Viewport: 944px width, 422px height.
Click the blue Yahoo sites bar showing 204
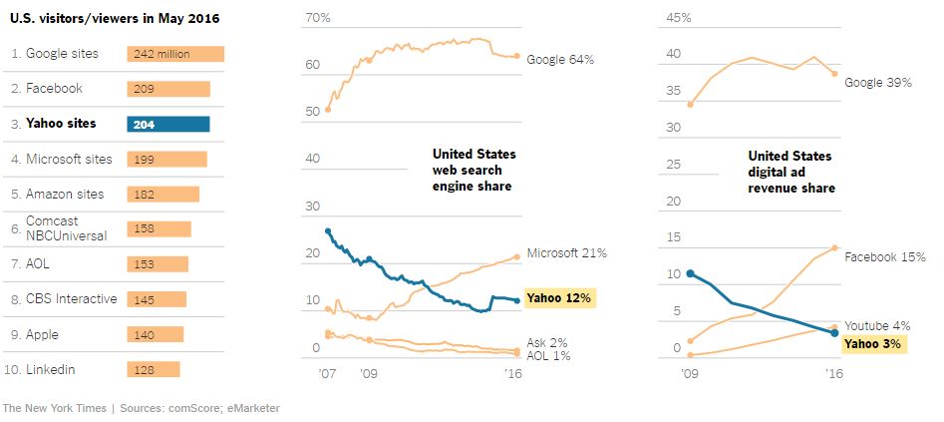coord(168,124)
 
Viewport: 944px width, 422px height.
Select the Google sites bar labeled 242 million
coord(175,54)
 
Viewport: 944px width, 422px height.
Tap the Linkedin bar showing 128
coord(154,369)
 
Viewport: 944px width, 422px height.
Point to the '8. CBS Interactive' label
coord(63,298)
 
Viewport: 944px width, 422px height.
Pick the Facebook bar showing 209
coord(168,89)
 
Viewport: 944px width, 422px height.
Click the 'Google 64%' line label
coord(560,60)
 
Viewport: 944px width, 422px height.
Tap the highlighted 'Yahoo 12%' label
coord(559,297)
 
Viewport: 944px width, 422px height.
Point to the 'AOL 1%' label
coord(546,355)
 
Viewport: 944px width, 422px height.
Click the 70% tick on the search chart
coord(318,18)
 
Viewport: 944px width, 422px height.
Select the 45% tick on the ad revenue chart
coord(679,18)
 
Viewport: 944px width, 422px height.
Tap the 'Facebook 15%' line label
coord(878,256)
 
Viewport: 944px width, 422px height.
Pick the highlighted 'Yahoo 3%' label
coord(872,344)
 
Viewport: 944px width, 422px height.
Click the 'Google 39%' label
coord(878,83)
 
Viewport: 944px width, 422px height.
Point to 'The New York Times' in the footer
coord(55,408)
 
